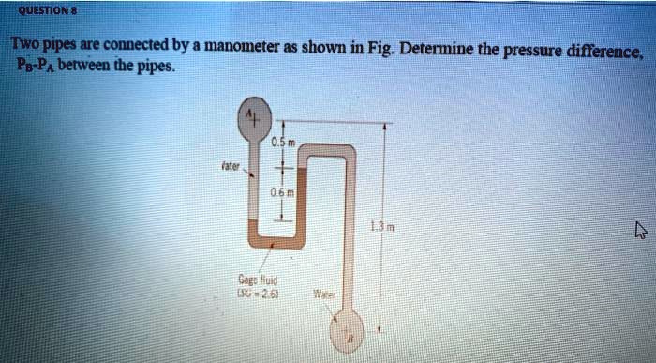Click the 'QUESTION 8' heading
pyautogui.click(x=45, y=10)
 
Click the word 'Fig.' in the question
pyautogui.click(x=379, y=47)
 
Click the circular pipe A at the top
pyautogui.click(x=252, y=116)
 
